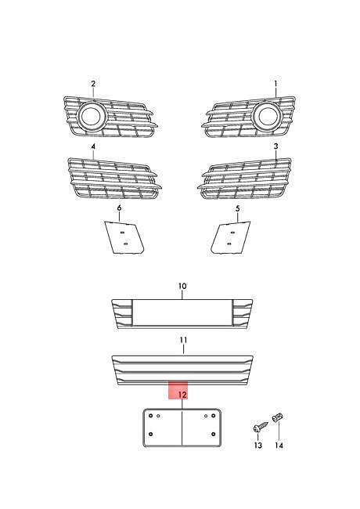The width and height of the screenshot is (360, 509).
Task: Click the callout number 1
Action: (x=276, y=84)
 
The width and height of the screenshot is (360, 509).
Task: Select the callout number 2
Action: (x=93, y=84)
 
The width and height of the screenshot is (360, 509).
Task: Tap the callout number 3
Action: (x=276, y=146)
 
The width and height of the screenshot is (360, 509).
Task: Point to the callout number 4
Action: (x=93, y=146)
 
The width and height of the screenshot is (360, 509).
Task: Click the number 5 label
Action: (x=238, y=208)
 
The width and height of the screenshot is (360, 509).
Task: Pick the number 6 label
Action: (x=120, y=208)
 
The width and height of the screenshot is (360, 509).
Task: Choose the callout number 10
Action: (x=182, y=287)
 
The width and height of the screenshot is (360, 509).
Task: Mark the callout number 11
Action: (x=183, y=340)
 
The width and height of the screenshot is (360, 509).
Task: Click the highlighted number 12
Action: (x=182, y=395)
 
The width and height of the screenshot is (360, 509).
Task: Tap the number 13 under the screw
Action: (x=258, y=446)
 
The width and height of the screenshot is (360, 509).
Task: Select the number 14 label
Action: (x=279, y=446)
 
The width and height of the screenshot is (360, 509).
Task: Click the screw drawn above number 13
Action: (x=261, y=427)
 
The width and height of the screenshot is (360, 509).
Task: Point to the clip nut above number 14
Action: (x=278, y=417)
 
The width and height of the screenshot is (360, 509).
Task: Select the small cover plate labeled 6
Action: (x=124, y=237)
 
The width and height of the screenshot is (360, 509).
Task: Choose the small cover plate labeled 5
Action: (x=231, y=237)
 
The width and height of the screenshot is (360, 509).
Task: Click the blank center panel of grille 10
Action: (x=182, y=312)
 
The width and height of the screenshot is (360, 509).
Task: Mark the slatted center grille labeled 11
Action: (x=182, y=370)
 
